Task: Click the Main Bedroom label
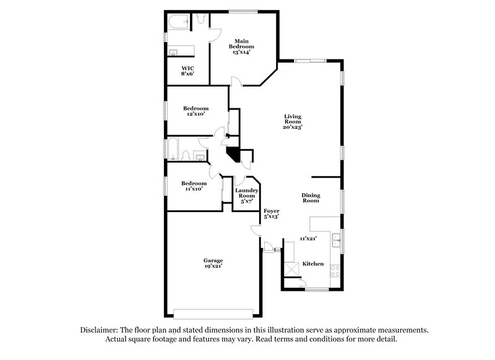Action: click(x=241, y=47)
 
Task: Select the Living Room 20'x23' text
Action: click(x=293, y=121)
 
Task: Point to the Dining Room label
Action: click(x=311, y=198)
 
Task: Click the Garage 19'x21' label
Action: click(x=213, y=263)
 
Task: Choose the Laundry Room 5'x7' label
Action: click(x=246, y=196)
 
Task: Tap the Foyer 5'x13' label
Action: click(x=272, y=214)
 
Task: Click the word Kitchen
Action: click(x=312, y=264)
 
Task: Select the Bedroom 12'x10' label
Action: click(x=196, y=111)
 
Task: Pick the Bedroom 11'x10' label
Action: click(x=194, y=186)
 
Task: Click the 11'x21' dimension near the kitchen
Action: click(x=308, y=238)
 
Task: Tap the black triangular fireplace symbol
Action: click(x=233, y=153)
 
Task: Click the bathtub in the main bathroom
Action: click(x=177, y=24)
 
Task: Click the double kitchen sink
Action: click(x=335, y=239)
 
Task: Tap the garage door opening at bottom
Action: click(x=213, y=311)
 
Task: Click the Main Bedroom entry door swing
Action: click(x=235, y=81)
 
